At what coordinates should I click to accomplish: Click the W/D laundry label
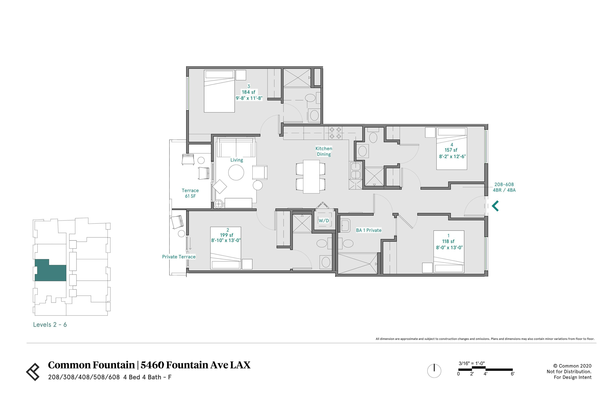pyautogui.click(x=324, y=221)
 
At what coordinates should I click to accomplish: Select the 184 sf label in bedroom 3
pyautogui.click(x=248, y=92)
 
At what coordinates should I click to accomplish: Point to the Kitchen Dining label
pyautogui.click(x=324, y=151)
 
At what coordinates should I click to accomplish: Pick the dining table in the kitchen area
pyautogui.click(x=311, y=177)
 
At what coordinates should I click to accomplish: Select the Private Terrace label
pyautogui.click(x=179, y=257)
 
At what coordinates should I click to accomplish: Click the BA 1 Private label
pyautogui.click(x=368, y=230)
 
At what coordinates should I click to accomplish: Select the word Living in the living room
pyautogui.click(x=237, y=160)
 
